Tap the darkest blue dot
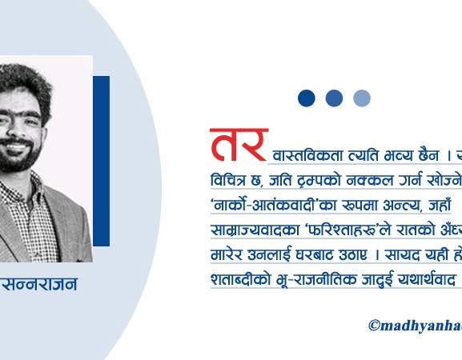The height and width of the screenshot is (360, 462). (307, 98)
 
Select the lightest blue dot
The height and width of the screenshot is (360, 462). (362, 98)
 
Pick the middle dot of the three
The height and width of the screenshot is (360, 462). (334, 98)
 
